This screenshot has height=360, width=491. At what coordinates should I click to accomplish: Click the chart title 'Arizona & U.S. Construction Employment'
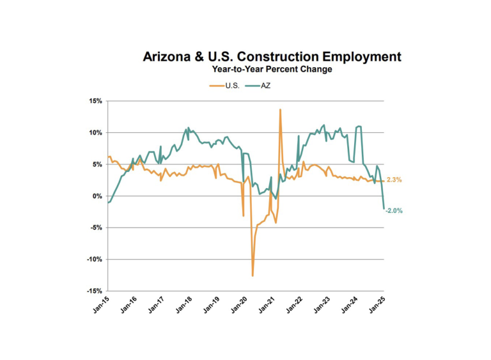click(272, 57)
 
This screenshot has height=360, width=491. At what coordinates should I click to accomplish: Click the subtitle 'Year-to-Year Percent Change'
click(272, 69)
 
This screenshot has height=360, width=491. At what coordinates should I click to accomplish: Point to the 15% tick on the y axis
click(95, 101)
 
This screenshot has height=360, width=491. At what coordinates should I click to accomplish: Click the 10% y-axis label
click(95, 133)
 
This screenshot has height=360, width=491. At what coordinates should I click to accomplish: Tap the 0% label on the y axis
click(98, 196)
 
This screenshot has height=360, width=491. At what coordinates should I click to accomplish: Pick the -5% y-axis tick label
click(96, 228)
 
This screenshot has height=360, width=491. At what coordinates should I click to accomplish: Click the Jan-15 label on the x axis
click(102, 304)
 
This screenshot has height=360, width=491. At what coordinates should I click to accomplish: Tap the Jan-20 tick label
click(240, 304)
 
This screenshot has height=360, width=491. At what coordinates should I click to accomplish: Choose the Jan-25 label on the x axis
click(378, 304)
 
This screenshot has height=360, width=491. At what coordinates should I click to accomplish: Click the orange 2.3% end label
click(394, 180)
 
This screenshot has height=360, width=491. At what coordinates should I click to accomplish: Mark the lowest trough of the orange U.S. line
click(253, 276)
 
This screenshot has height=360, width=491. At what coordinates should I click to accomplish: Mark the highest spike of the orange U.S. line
click(280, 109)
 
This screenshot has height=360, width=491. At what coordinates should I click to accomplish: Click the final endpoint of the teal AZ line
click(384, 208)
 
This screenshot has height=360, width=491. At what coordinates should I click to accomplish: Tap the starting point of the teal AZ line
click(109, 203)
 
